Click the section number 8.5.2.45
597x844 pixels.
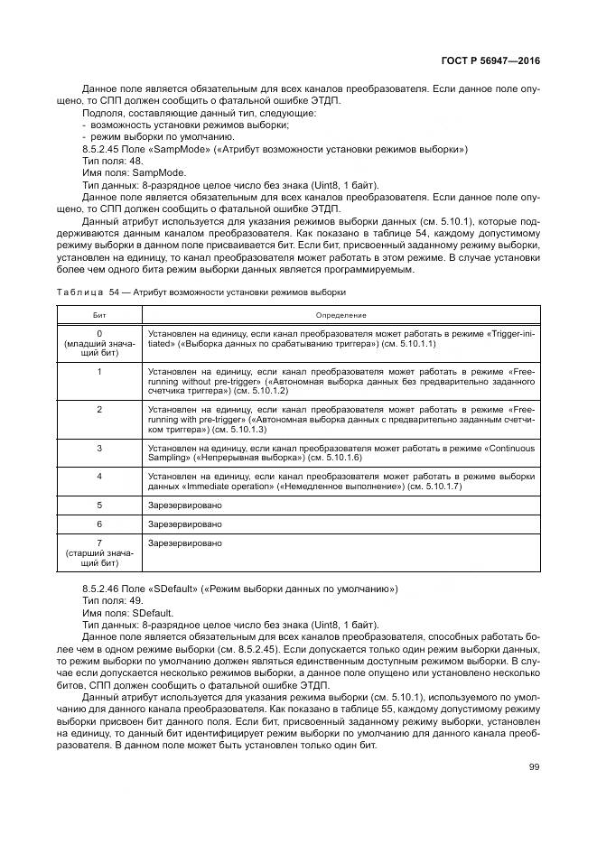[x=102, y=149]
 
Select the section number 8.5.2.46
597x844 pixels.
[x=102, y=589]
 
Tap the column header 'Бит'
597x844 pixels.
[x=98, y=315]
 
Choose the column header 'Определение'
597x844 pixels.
[x=340, y=315]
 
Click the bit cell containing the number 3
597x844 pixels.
[x=98, y=448]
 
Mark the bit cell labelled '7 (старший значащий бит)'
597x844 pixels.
[x=98, y=552]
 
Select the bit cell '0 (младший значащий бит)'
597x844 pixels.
[x=98, y=344]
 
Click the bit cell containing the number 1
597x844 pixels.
[x=98, y=371]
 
